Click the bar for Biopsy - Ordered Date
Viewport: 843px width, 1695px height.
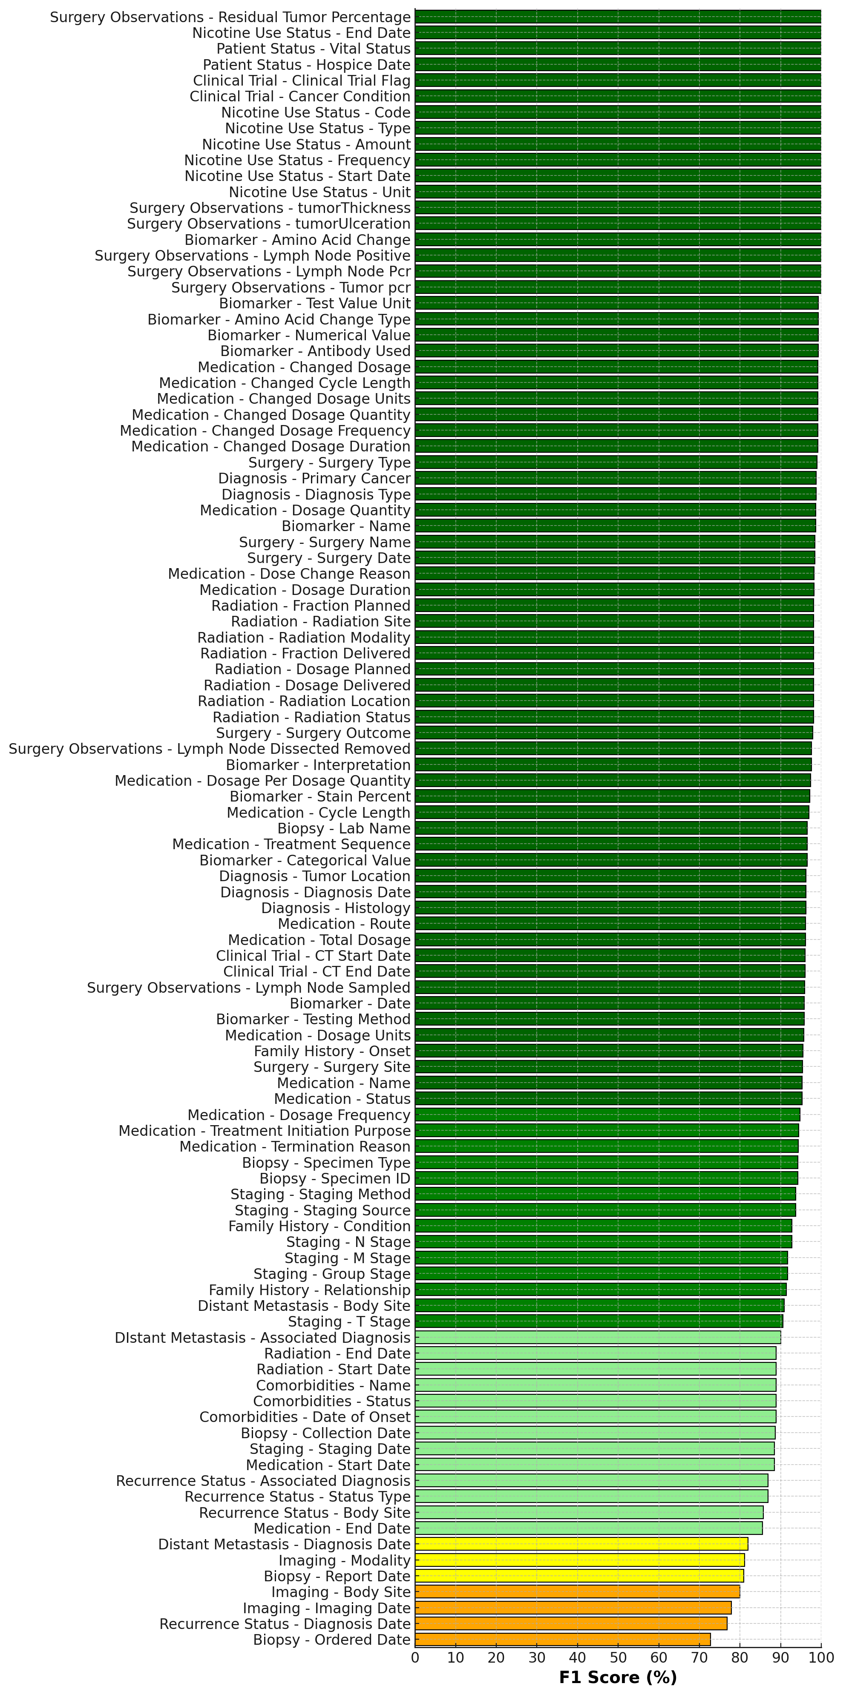click(x=563, y=1639)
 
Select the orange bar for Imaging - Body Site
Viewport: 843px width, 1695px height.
click(x=577, y=1592)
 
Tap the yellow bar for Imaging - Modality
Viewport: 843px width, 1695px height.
click(x=579, y=1560)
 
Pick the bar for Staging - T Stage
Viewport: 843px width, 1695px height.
click(x=599, y=1321)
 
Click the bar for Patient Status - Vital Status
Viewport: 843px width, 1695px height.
click(x=617, y=48)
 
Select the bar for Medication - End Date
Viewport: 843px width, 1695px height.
click(x=588, y=1528)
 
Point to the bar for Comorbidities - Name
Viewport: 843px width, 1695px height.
click(x=596, y=1385)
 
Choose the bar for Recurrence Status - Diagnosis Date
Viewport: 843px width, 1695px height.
click(x=570, y=1623)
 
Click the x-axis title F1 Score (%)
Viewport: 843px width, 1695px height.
click(x=617, y=1677)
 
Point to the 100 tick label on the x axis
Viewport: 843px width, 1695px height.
click(x=820, y=1657)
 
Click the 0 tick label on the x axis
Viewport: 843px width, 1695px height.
click(x=415, y=1657)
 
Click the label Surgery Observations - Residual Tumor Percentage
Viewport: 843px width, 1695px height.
click(x=230, y=17)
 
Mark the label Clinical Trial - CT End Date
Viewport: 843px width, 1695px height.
click(x=316, y=972)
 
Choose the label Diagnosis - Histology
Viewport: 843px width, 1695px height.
click(x=336, y=908)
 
